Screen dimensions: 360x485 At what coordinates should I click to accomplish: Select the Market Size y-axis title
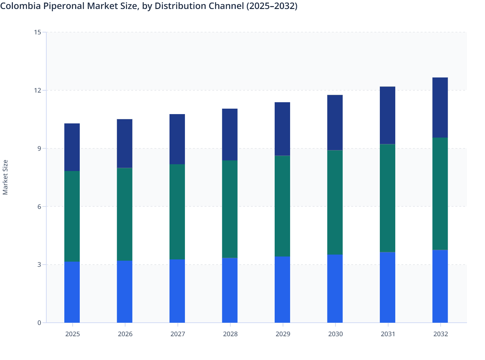click(5, 177)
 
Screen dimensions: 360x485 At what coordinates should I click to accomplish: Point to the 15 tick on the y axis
click(38, 32)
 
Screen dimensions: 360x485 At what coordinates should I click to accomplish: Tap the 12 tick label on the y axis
click(38, 90)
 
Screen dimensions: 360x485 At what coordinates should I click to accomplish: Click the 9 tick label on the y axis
click(39, 148)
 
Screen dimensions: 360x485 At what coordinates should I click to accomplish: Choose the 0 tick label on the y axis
click(39, 323)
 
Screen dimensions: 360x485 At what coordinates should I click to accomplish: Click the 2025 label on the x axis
click(72, 334)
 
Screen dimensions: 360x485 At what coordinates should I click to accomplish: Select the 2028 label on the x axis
click(230, 334)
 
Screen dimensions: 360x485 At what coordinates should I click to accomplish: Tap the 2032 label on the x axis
click(440, 334)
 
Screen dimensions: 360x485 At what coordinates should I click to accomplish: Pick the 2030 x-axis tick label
click(335, 334)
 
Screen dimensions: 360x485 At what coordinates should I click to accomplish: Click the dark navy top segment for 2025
click(72, 147)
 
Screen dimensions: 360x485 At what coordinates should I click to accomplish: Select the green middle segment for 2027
click(177, 212)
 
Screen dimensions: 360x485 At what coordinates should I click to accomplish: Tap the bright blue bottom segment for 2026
click(124, 292)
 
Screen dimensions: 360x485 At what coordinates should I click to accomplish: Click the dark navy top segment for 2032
click(440, 107)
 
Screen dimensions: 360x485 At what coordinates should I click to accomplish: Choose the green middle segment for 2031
click(388, 198)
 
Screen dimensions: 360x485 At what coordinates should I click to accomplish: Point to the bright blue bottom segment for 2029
click(282, 289)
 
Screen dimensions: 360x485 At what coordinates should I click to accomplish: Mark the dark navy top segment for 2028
click(230, 134)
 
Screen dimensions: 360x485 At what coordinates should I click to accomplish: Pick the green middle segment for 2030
click(335, 202)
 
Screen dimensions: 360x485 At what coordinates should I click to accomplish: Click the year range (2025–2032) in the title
click(271, 6)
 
